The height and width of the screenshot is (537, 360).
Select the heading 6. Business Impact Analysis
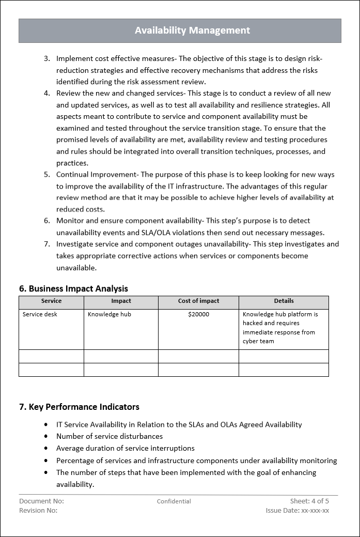(x=73, y=288)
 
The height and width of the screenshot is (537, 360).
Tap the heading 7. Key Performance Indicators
(x=79, y=407)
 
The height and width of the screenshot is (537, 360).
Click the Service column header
(x=51, y=301)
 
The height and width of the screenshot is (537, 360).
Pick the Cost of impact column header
(x=198, y=301)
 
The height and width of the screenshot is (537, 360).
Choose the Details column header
(x=284, y=301)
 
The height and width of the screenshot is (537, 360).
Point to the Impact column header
(x=121, y=301)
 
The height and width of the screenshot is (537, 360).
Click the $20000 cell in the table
(x=199, y=314)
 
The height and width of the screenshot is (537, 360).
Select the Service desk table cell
(x=40, y=314)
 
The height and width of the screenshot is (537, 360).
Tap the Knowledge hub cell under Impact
(x=109, y=314)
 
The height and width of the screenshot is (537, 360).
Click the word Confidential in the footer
(x=174, y=501)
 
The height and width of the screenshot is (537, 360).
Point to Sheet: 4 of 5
(x=309, y=501)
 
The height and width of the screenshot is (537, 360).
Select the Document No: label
(x=41, y=501)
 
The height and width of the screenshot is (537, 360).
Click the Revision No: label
(x=38, y=510)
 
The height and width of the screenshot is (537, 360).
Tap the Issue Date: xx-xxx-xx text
(x=297, y=510)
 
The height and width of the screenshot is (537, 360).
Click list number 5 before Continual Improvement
(x=47, y=175)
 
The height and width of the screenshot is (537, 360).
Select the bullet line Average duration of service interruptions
(x=126, y=448)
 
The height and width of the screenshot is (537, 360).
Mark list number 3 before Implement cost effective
(x=47, y=58)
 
